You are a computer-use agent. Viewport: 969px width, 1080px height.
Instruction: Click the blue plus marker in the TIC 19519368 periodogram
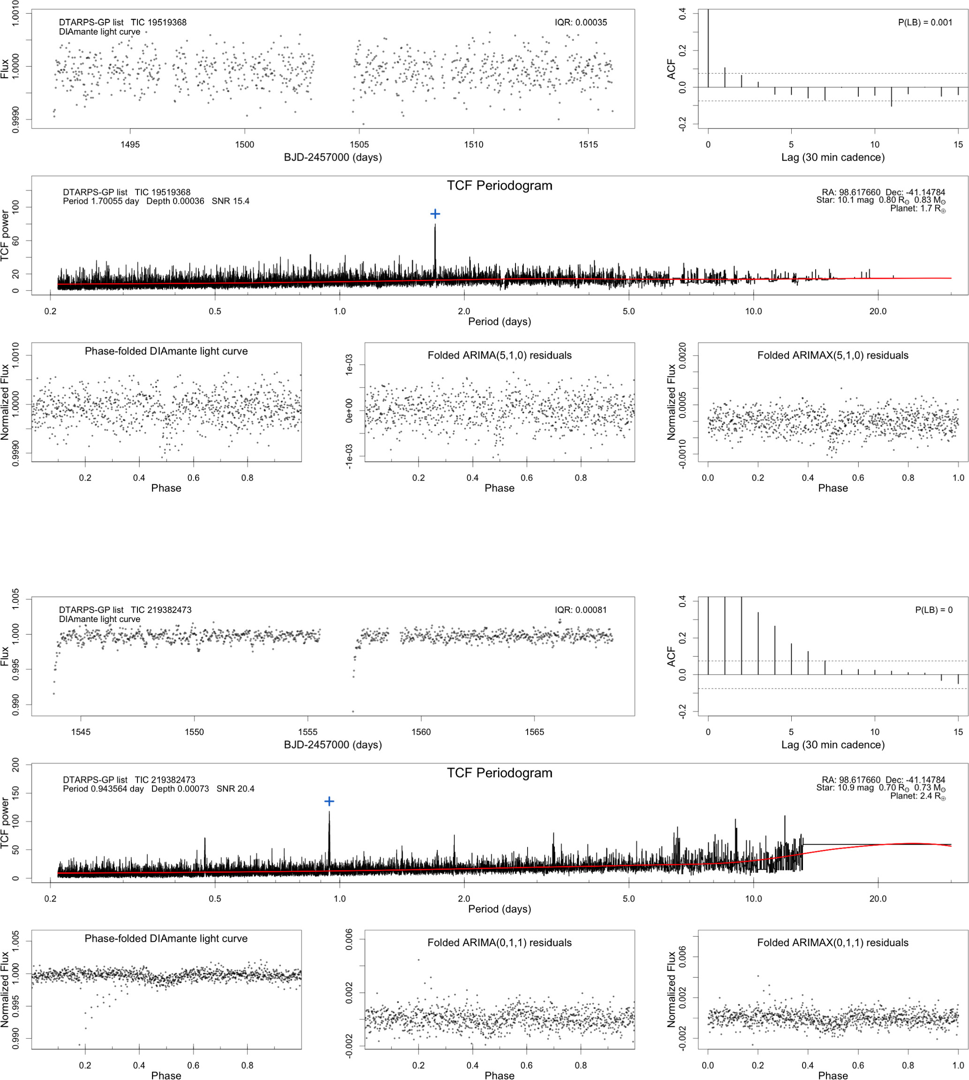(435, 214)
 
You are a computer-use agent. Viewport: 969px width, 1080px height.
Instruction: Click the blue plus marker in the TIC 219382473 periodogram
(329, 801)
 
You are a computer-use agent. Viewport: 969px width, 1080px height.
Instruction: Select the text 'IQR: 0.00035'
(580, 22)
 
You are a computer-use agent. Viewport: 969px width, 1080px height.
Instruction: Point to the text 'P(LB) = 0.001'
(925, 22)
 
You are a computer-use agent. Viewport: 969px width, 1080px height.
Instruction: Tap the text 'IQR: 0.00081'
(580, 610)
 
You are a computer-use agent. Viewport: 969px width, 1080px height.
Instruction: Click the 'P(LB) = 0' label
(933, 610)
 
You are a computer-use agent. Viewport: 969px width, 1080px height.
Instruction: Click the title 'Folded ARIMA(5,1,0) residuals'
(500, 355)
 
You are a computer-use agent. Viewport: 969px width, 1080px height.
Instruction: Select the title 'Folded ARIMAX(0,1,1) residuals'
(833, 943)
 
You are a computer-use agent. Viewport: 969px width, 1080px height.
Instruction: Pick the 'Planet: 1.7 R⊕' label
(918, 209)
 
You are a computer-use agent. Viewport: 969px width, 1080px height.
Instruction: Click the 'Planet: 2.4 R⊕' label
(918, 796)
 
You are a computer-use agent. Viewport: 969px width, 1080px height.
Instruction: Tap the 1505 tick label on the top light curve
(359, 145)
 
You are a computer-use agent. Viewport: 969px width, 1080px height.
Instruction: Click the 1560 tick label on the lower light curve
(421, 732)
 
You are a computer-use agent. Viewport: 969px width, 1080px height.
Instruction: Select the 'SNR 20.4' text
(235, 788)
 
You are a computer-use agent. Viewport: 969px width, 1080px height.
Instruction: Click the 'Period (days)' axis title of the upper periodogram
(500, 322)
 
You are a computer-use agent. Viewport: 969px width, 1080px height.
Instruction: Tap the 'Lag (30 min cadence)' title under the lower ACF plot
(833, 745)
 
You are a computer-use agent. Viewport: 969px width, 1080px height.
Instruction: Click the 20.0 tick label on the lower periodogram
(878, 899)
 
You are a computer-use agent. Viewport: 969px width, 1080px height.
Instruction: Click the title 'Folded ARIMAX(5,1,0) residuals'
(833, 355)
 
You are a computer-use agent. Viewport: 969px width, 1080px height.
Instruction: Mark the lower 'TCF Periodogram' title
(500, 773)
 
